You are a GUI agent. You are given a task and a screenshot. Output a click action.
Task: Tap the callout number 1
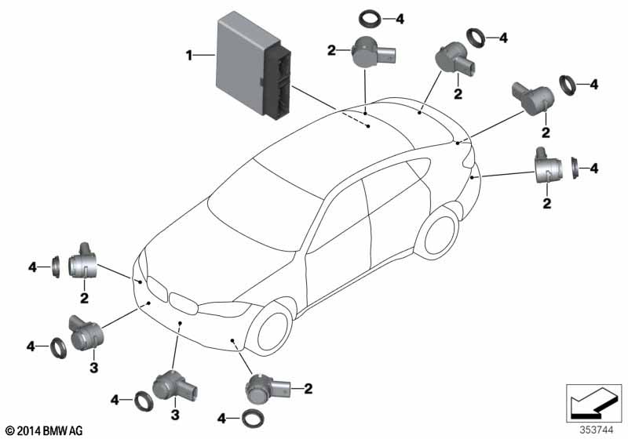[189, 55]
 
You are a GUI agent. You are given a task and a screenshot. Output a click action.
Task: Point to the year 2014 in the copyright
[25, 430]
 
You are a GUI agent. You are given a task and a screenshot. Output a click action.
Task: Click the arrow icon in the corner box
[588, 405]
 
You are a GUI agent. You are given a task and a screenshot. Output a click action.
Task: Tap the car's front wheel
[272, 333]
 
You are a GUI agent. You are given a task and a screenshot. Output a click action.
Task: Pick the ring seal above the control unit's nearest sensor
[369, 19]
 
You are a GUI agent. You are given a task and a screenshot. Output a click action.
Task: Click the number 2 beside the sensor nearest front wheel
[308, 387]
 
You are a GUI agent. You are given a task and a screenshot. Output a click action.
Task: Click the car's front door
[338, 235]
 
